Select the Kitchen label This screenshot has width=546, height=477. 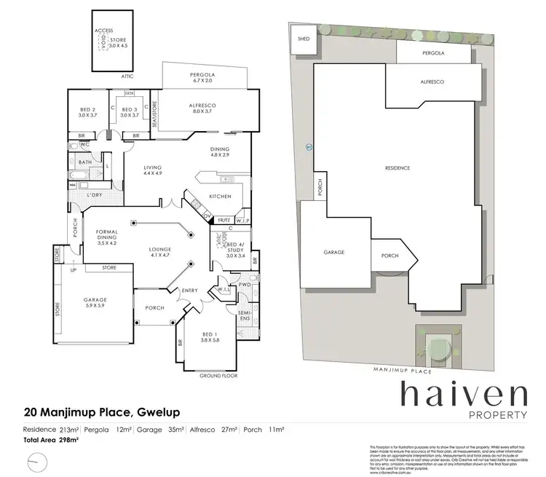coord(220,197)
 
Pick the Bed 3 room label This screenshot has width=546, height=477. coord(130,111)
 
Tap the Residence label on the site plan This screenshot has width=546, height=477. coord(397,168)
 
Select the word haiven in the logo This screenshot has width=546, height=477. coord(463,395)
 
